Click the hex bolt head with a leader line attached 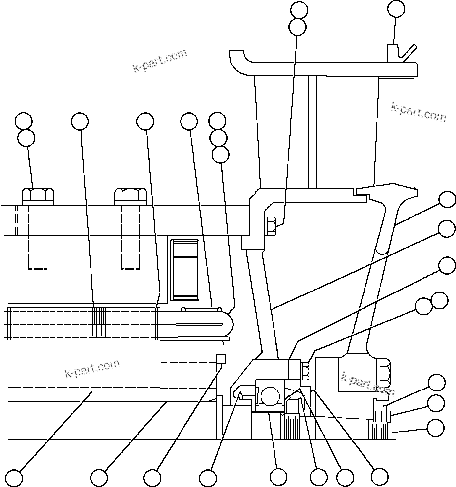(38, 195)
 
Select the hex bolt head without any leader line (130, 195)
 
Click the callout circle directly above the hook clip (396, 9)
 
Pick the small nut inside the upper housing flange (271, 225)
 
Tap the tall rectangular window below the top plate (184, 271)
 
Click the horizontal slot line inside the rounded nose (199, 324)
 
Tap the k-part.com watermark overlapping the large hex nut (367, 384)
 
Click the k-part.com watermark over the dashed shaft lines (92, 368)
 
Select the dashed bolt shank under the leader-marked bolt (38, 237)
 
